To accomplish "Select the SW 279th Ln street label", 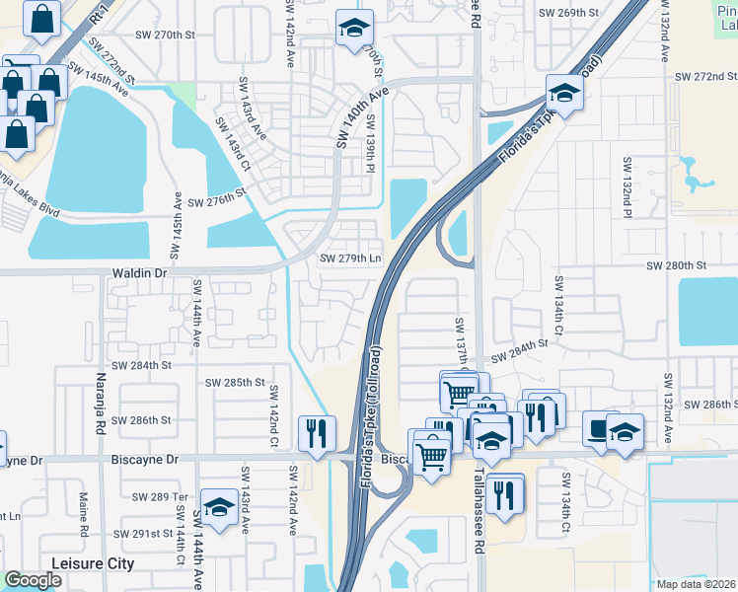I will [x=349, y=259].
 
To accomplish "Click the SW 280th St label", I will [x=677, y=266].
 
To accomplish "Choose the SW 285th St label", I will [x=235, y=382].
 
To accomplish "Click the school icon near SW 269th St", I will [x=351, y=29].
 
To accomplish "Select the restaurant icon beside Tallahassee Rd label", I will [x=505, y=493].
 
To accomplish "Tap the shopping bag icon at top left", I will [x=43, y=19].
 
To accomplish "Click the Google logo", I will [x=32, y=580].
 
